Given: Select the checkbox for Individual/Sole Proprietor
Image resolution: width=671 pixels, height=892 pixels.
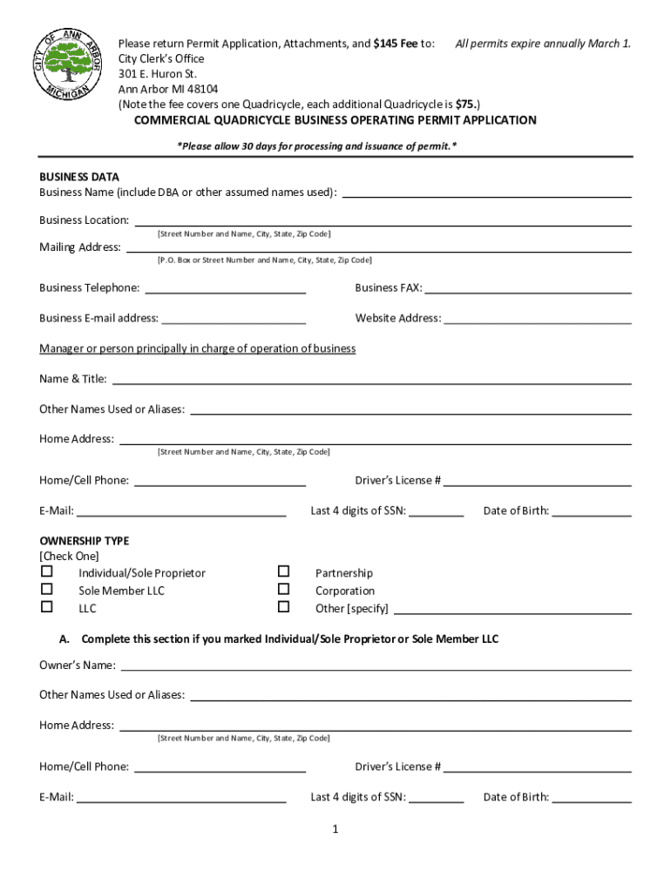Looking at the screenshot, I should pos(47,572).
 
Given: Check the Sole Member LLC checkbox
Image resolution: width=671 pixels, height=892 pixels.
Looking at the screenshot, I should pos(47,590).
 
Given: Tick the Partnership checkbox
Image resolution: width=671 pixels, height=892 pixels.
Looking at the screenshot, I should pos(283,572).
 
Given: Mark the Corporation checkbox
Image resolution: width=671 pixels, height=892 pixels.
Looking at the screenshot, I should pos(283,590).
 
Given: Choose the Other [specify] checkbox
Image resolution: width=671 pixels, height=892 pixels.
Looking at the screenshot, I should pos(283,607).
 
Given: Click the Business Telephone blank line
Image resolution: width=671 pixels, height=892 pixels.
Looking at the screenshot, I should pos(225,292).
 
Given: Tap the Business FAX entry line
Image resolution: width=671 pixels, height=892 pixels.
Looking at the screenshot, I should pos(527,292).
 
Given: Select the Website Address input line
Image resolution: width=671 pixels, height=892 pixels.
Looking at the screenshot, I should pos(538,322).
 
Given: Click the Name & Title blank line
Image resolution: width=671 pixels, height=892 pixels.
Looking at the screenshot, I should pos(372,382).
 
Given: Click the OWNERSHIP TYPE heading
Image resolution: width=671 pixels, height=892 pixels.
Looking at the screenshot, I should pos(85,541).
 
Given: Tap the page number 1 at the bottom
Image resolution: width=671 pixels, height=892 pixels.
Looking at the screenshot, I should pos(335,829).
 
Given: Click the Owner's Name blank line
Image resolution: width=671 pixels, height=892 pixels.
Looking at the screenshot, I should pos(376,670).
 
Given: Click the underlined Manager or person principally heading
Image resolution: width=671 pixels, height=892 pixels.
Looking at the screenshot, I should pos(198,348).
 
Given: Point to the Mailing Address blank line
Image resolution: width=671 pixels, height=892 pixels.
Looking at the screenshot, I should pos(379,251).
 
